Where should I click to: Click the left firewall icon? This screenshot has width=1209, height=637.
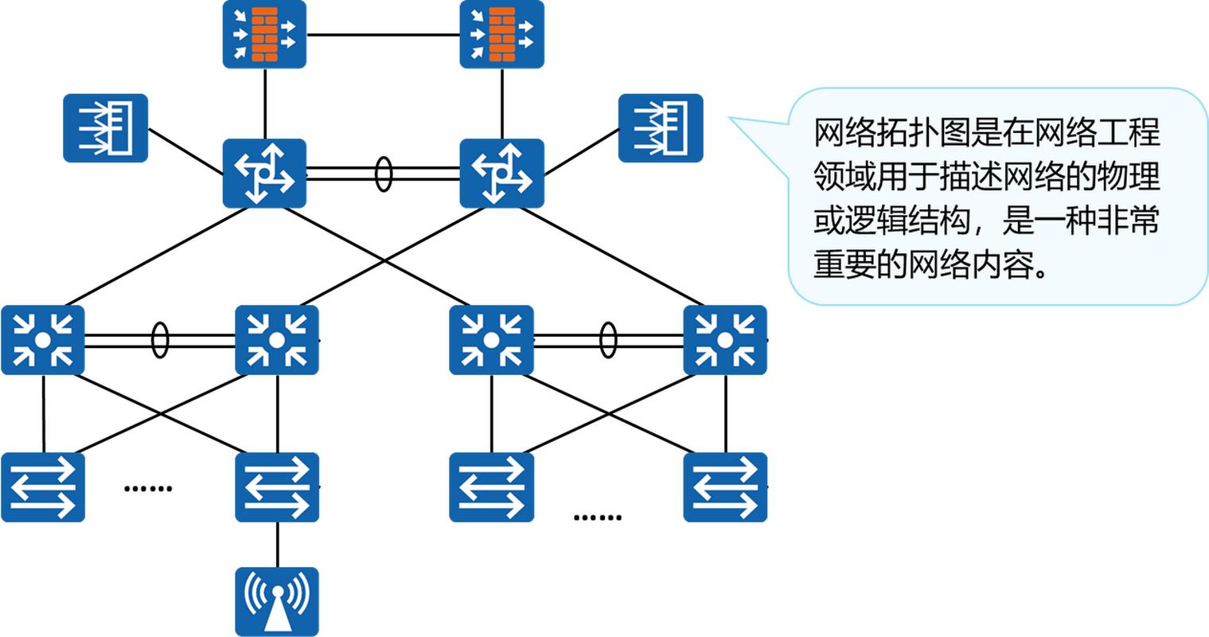tap(264, 34)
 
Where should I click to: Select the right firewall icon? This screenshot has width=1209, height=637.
tap(501, 34)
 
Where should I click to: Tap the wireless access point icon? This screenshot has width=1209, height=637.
tap(277, 601)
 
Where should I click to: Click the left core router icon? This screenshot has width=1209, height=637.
tap(264, 174)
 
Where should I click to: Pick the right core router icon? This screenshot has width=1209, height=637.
tap(501, 174)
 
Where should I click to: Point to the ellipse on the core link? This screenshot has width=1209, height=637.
tap(384, 174)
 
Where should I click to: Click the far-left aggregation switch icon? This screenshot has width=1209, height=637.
tap(43, 340)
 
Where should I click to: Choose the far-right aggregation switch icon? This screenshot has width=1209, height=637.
tap(725, 340)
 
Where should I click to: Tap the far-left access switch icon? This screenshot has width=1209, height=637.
tap(43, 487)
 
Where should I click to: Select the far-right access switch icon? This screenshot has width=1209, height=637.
tap(725, 487)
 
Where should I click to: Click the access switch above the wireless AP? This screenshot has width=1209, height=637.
tap(277, 487)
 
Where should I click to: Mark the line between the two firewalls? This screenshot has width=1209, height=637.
tap(383, 35)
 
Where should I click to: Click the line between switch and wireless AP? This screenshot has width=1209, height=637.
tap(277, 545)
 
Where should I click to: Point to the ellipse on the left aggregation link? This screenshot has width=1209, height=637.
tap(160, 340)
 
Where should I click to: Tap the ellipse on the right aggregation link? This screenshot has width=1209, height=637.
tap(608, 340)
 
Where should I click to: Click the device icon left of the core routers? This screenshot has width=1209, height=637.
tap(106, 128)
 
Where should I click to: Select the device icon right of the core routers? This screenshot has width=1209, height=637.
tap(661, 128)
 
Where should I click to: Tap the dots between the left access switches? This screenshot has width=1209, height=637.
tap(148, 487)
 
